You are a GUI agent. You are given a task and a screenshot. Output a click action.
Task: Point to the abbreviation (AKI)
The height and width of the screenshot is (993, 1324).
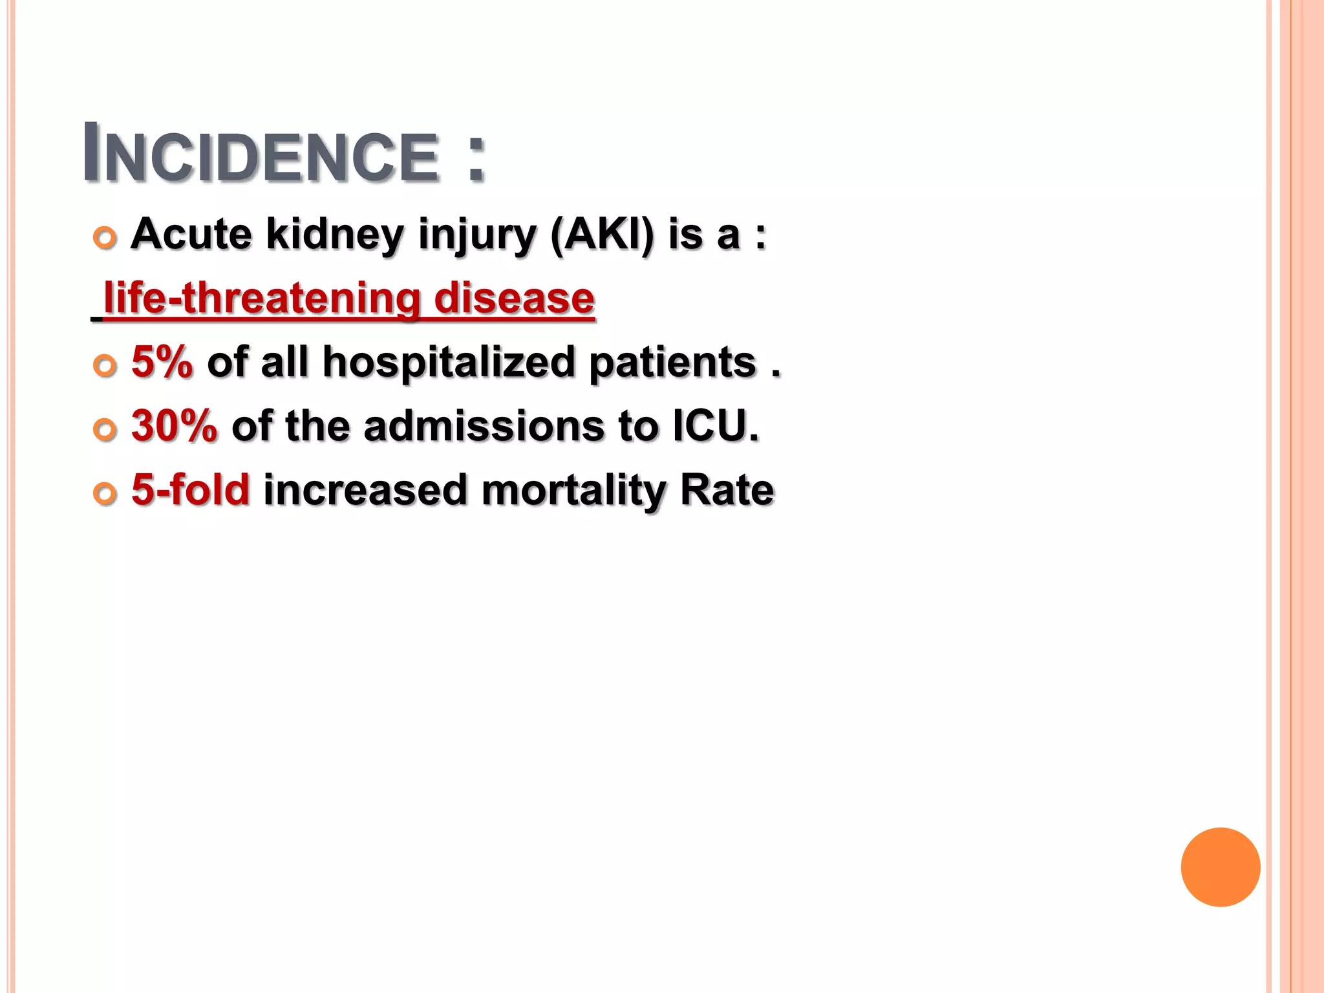pyautogui.click(x=602, y=234)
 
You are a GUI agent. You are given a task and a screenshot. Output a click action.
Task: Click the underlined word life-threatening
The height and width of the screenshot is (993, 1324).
pyautogui.click(x=262, y=298)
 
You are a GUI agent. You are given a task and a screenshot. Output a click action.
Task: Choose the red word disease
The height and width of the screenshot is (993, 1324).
pyautogui.click(x=514, y=298)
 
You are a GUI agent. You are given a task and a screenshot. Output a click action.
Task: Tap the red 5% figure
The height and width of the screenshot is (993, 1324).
pyautogui.click(x=162, y=361)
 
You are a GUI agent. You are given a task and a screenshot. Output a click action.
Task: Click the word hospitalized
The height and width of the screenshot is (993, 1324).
pyautogui.click(x=449, y=362)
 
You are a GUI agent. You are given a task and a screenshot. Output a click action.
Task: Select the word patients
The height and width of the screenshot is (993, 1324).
pyautogui.click(x=672, y=362)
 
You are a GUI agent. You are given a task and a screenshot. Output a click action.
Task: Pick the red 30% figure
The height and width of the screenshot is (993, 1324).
pyautogui.click(x=174, y=426)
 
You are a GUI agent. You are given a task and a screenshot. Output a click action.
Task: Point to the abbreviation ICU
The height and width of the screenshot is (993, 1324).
pyautogui.click(x=715, y=426)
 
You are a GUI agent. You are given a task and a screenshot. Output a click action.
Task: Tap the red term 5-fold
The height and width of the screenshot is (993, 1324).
pyautogui.click(x=190, y=489)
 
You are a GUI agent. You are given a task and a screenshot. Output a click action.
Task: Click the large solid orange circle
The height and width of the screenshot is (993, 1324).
pyautogui.click(x=1220, y=867)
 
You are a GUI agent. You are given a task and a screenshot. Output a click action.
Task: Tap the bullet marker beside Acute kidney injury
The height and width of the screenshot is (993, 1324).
pyautogui.click(x=105, y=238)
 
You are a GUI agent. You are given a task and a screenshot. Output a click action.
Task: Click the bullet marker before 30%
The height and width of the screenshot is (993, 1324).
pyautogui.click(x=105, y=429)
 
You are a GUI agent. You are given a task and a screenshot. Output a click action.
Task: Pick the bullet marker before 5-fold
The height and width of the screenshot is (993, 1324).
pyautogui.click(x=105, y=493)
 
